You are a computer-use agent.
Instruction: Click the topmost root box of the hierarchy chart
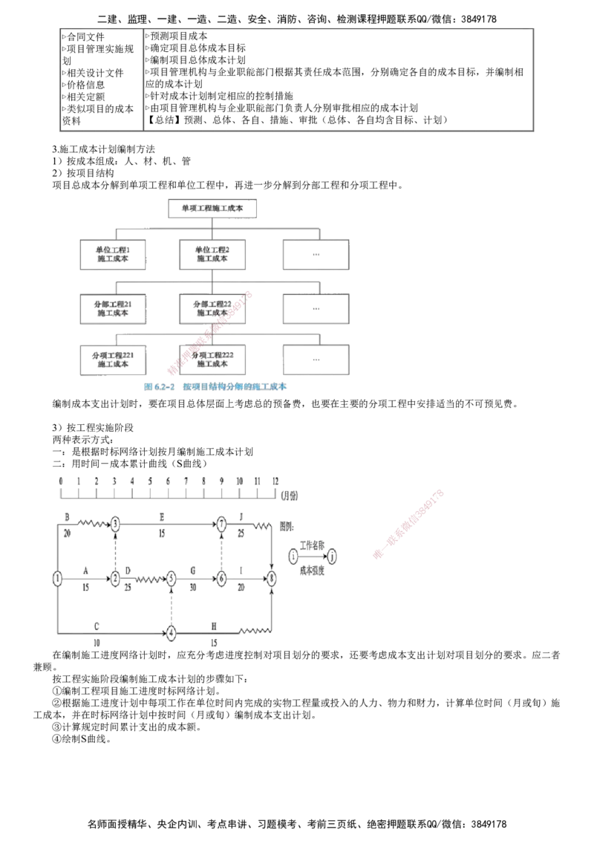pyautogui.click(x=215, y=208)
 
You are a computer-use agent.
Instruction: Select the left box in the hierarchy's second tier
pyautogui.click(x=113, y=255)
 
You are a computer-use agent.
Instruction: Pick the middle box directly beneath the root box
pyautogui.click(x=213, y=255)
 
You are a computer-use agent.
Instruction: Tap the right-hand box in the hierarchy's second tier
pyautogui.click(x=315, y=256)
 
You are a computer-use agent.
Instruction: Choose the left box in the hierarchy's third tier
pyautogui.click(x=113, y=308)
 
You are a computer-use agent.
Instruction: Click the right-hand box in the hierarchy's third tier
pyautogui.click(x=315, y=308)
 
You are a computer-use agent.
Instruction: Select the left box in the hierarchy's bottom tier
pyautogui.click(x=113, y=360)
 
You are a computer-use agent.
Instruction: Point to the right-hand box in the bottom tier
pyautogui.click(x=315, y=360)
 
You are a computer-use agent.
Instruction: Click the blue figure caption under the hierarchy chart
pyautogui.click(x=215, y=387)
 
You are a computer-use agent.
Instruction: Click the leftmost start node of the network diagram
pyautogui.click(x=55, y=578)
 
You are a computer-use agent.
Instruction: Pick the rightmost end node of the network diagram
pyautogui.click(x=272, y=578)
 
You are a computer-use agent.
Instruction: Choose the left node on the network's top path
pyautogui.click(x=117, y=525)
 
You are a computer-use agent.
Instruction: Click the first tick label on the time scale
pyautogui.click(x=58, y=480)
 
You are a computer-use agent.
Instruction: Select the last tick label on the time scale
pyautogui.click(x=274, y=480)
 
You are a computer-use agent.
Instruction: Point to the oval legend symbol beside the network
pyautogui.click(x=313, y=556)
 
